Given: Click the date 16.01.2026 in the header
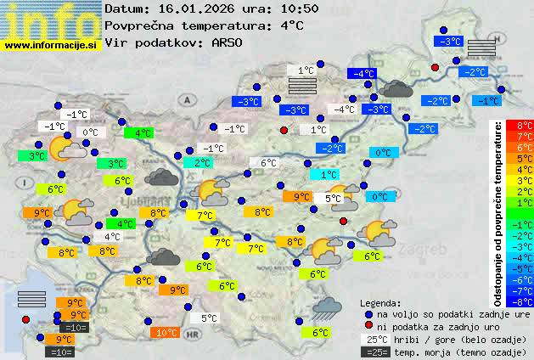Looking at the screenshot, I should tap(194, 9).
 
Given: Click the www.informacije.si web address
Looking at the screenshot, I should tap(50, 45).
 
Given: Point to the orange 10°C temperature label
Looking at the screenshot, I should tap(167, 333).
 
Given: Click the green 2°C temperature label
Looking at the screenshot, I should tap(202, 162).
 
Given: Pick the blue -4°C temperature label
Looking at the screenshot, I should tap(364, 74).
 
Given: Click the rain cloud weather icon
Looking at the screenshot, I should tap(326, 307).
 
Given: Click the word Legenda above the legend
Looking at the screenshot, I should tap(379, 303).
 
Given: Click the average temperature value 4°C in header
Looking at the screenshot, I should tap(290, 25).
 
